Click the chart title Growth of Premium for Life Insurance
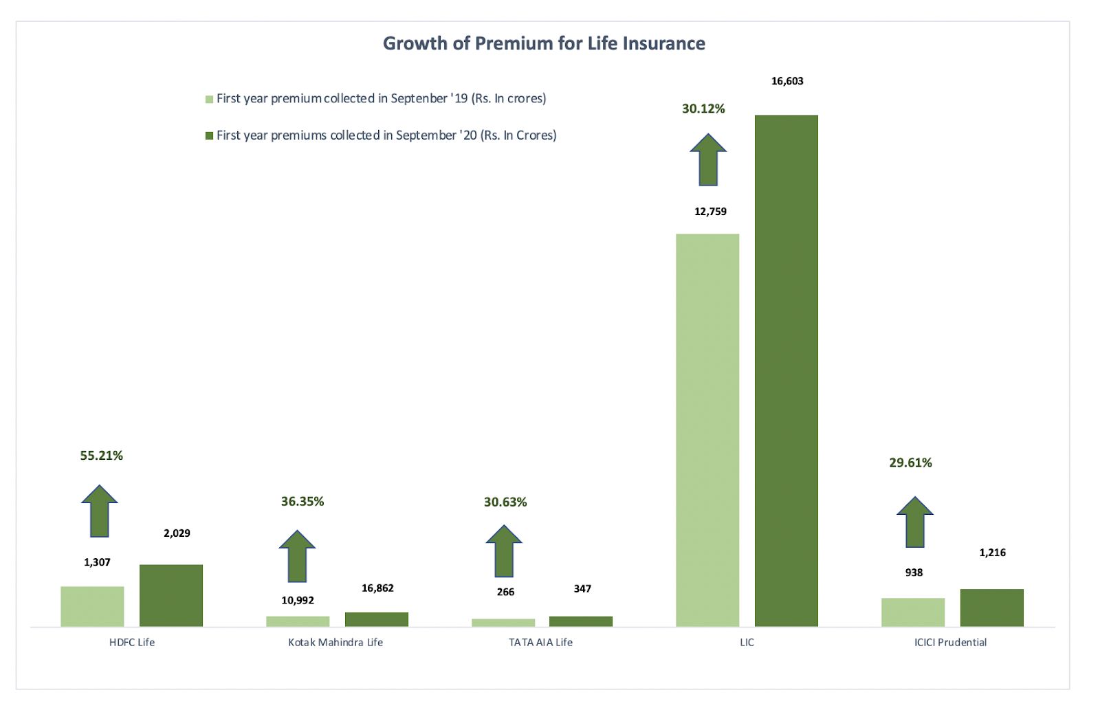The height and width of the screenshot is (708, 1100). pyautogui.click(x=544, y=43)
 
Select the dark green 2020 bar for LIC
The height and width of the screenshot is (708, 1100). pyautogui.click(x=786, y=371)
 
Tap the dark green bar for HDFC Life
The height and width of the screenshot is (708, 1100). pyautogui.click(x=171, y=595)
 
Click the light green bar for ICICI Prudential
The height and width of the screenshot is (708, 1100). pyautogui.click(x=913, y=612)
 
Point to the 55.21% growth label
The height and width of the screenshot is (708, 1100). pyautogui.click(x=102, y=456)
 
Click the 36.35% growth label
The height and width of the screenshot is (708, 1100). pyautogui.click(x=302, y=502)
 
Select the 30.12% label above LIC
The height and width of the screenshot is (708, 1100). pyautogui.click(x=703, y=109)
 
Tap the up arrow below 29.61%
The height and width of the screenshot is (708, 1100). pyautogui.click(x=915, y=522)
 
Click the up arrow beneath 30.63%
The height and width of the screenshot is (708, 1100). pyautogui.click(x=504, y=551)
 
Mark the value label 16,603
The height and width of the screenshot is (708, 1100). pyautogui.click(x=787, y=81)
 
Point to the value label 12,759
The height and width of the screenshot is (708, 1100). pyautogui.click(x=710, y=212)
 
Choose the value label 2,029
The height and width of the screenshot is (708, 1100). pyautogui.click(x=177, y=533)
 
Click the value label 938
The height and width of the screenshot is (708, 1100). pyautogui.click(x=914, y=573)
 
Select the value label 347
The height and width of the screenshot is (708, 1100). pyautogui.click(x=582, y=589)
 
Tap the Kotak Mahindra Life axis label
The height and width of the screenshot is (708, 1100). pyautogui.click(x=335, y=643)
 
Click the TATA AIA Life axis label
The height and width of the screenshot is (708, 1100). pyautogui.click(x=540, y=643)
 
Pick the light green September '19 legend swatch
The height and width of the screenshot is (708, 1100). pyautogui.click(x=210, y=100)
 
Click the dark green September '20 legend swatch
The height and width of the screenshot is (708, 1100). pyautogui.click(x=210, y=136)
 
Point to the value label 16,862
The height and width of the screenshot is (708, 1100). pyautogui.click(x=377, y=588)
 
